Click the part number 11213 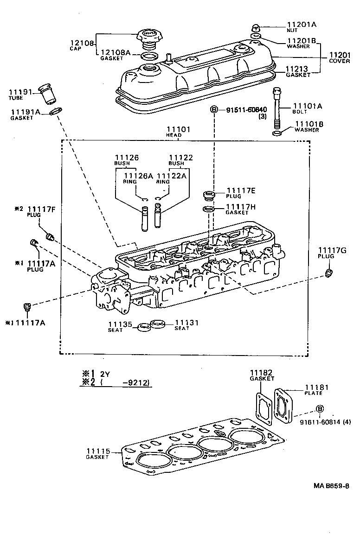pos(298,68)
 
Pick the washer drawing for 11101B pos(277,133)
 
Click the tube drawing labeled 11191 pos(47,94)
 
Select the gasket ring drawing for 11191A pos(56,112)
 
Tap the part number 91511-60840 pos(246,110)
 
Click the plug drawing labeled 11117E pos(209,195)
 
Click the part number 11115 pos(97,451)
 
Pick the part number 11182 pos(262,373)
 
